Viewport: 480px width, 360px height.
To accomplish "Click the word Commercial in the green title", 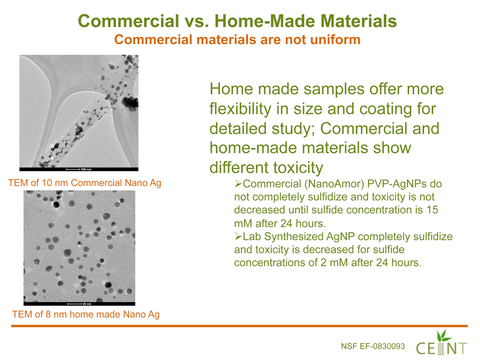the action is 129,21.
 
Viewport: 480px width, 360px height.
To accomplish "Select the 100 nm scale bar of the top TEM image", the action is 73,169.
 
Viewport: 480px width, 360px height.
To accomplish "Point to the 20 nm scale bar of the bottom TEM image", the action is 74,304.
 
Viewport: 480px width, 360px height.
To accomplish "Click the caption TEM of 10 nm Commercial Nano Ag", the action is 85,183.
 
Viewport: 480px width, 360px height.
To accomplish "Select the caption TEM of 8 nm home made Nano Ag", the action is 85,315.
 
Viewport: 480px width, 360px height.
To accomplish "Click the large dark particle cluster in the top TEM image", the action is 130,102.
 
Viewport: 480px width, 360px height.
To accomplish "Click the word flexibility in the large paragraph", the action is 241,109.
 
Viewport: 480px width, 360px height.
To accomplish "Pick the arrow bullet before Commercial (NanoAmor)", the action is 238,183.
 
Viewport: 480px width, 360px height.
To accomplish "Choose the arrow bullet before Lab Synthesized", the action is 238,236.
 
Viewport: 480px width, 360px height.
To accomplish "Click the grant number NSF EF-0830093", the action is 373,346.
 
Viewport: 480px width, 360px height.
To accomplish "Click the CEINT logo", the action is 441,343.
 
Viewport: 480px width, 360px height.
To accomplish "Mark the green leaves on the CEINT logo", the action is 444,336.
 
